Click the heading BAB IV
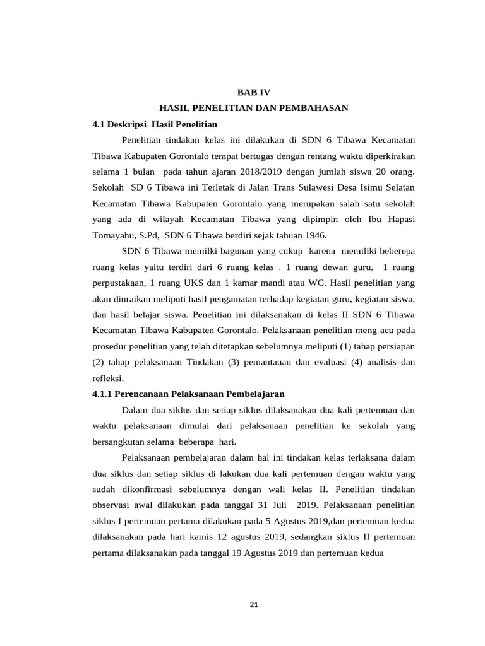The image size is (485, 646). (x=253, y=92)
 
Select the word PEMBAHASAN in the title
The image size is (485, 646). (x=316, y=109)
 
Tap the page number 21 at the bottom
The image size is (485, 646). (x=254, y=605)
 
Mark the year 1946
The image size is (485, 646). (x=314, y=236)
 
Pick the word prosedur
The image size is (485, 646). (x=110, y=347)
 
